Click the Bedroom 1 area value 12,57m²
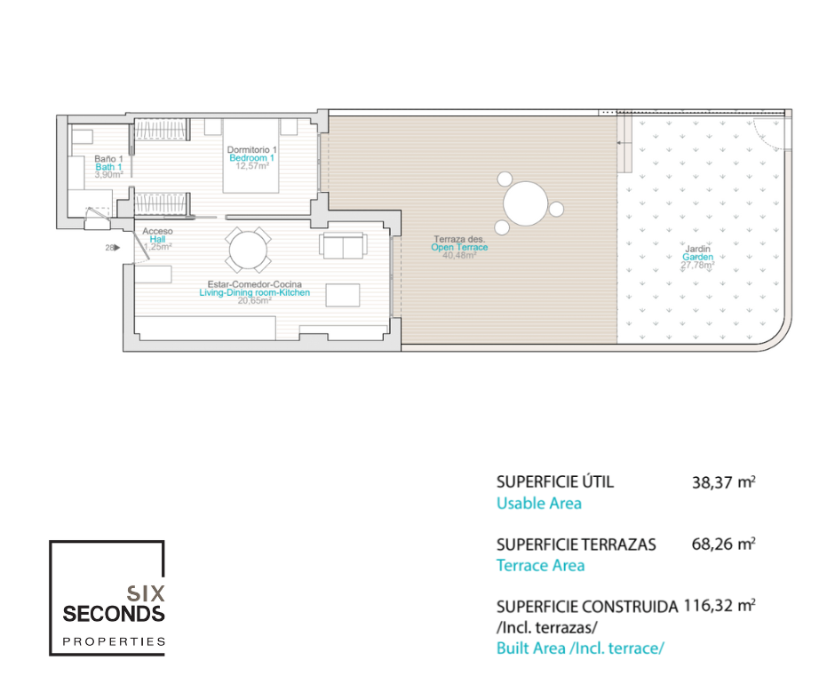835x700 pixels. (x=252, y=166)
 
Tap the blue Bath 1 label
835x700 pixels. (x=108, y=167)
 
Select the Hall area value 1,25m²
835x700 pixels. (x=157, y=247)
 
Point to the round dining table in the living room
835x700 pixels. (x=248, y=250)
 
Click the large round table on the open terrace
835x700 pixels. (x=526, y=203)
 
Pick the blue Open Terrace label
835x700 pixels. (x=459, y=247)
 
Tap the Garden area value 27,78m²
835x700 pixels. (x=697, y=265)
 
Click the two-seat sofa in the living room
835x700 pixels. (x=344, y=245)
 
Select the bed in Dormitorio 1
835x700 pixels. (x=250, y=155)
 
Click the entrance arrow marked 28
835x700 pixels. (x=117, y=248)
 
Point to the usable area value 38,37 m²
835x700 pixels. (x=723, y=482)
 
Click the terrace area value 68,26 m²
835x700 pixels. (x=723, y=544)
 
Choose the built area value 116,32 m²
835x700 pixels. (x=720, y=606)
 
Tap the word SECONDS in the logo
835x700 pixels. (x=114, y=614)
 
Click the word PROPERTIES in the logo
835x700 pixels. (x=114, y=641)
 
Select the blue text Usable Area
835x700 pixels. (x=539, y=504)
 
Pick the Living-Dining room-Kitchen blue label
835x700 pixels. (x=255, y=292)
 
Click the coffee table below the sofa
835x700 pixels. (x=343, y=296)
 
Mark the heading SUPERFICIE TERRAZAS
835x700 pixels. (x=577, y=545)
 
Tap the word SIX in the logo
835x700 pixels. (x=146, y=593)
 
